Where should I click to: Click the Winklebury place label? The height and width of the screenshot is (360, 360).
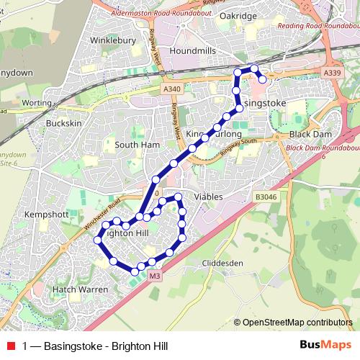(x=113, y=41)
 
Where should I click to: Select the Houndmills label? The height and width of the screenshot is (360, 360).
(x=192, y=51)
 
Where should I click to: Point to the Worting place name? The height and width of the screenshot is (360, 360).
(x=37, y=103)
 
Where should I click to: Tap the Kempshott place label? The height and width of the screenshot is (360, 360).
(x=45, y=215)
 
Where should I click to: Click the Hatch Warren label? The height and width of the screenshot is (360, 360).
(x=80, y=289)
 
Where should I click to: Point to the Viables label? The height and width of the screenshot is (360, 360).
(x=208, y=197)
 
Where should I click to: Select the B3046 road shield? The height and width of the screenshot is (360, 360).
(x=265, y=196)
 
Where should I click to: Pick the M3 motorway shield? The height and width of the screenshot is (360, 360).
(x=155, y=276)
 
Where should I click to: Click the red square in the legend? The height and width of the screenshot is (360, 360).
(x=10, y=346)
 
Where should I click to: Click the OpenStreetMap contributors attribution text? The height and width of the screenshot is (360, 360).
(x=297, y=323)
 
